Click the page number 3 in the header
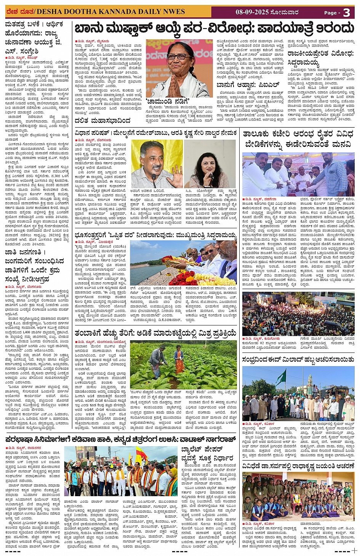[x=346, y=13]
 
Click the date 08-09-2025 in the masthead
[x=252, y=12]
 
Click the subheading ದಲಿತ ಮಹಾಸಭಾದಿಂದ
[x=102, y=121]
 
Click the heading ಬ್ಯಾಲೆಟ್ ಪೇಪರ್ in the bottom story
[x=202, y=450]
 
